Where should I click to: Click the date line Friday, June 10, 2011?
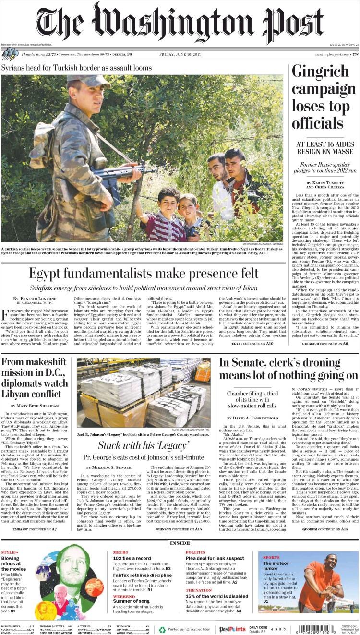(x=180, y=54)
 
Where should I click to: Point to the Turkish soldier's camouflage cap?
(x=82, y=79)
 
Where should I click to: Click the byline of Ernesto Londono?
(x=36, y=299)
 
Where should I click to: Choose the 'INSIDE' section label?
(x=180, y=543)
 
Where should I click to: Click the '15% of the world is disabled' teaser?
(x=216, y=596)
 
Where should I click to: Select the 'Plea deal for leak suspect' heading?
(x=215, y=558)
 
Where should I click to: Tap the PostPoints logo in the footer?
(x=232, y=629)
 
